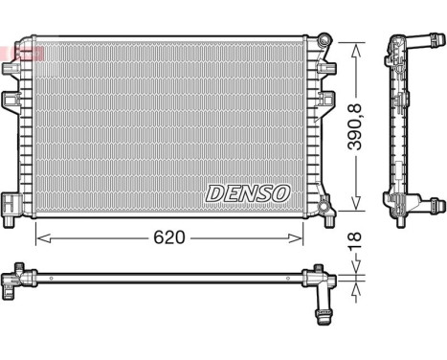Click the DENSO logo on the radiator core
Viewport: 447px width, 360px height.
pyautogui.click(x=247, y=192)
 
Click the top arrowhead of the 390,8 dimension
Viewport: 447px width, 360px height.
pyautogui.click(x=355, y=43)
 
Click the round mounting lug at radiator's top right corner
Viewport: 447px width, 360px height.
pyautogui.click(x=325, y=40)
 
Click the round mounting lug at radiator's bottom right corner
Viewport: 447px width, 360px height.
pyautogui.click(x=326, y=205)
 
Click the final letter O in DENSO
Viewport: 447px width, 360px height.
pyautogui.click(x=280, y=192)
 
